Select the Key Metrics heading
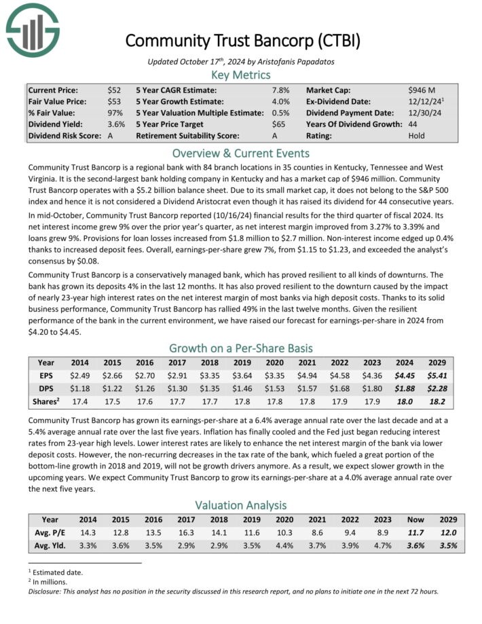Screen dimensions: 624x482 (x=241, y=75)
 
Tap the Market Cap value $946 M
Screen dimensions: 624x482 (x=422, y=90)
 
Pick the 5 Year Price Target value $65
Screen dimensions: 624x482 (x=278, y=124)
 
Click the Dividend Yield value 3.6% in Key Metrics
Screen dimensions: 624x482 (x=116, y=124)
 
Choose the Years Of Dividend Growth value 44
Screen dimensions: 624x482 (x=413, y=124)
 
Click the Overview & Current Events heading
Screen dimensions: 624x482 (x=241, y=152)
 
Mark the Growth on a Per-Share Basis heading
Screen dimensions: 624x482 (x=241, y=348)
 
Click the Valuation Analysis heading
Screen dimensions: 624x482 (x=241, y=504)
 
